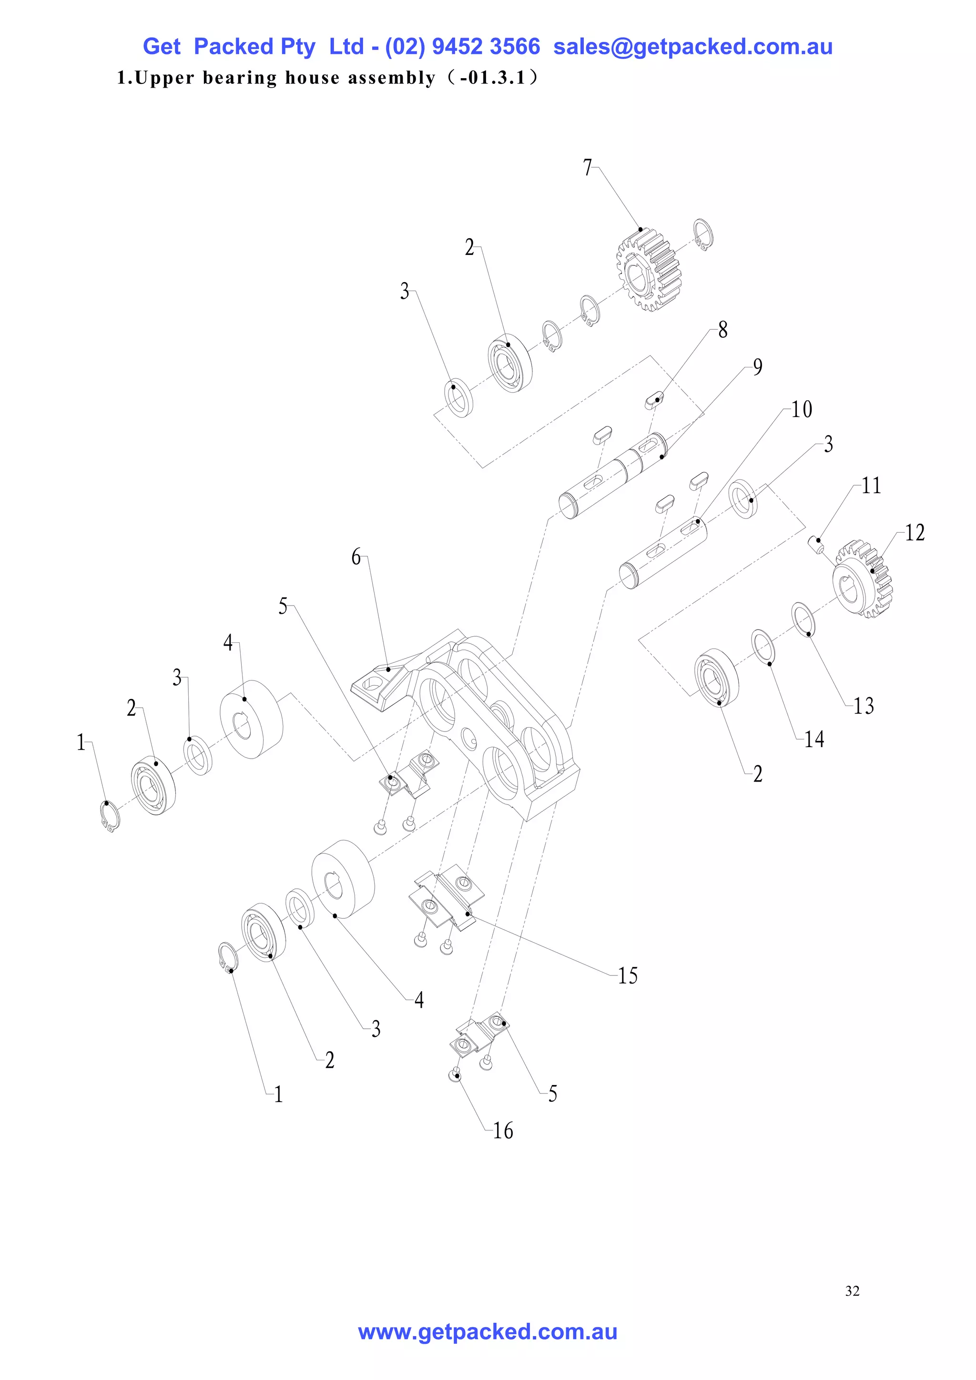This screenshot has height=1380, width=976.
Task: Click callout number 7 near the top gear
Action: [x=587, y=168]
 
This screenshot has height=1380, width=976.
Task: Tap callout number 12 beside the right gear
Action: [x=914, y=533]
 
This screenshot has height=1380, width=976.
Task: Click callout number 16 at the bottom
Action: [x=503, y=1131]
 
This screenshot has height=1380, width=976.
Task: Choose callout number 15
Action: [x=628, y=975]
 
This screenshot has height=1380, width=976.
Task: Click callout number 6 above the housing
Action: [x=356, y=557]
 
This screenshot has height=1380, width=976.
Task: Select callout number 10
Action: [x=802, y=410]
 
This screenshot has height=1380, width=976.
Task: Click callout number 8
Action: [x=722, y=330]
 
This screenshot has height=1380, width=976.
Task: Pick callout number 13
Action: [x=863, y=706]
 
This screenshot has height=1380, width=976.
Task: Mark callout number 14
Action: [x=814, y=739]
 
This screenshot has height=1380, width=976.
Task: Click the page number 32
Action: [x=852, y=1290]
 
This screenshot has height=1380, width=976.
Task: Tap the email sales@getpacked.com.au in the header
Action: [x=692, y=47]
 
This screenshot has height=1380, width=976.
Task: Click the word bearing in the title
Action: [x=240, y=78]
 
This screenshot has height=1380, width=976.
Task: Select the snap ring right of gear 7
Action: [x=703, y=234]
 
